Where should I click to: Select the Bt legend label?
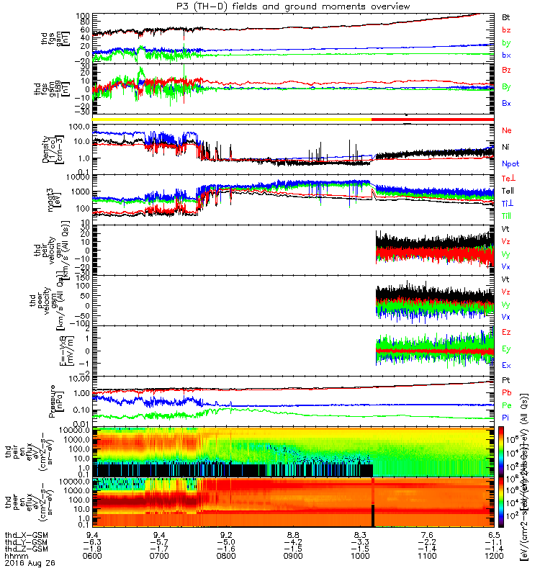(506, 16)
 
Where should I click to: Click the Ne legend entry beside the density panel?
(507, 130)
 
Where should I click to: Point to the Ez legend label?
(507, 332)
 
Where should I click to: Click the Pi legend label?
(506, 417)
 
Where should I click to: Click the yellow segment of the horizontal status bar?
(230, 119)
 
